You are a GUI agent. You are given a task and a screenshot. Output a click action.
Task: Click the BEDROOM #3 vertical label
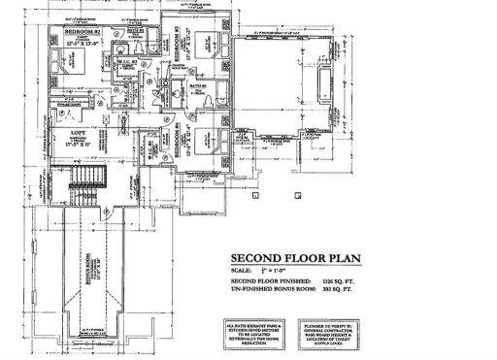click(178, 49)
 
